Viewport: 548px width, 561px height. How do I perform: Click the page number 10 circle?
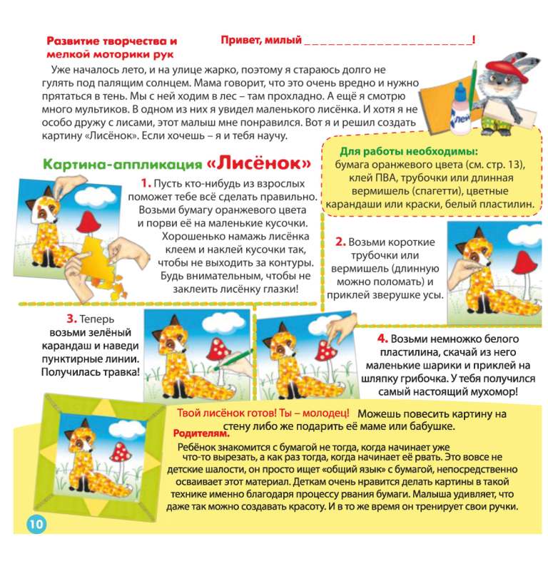[36, 524]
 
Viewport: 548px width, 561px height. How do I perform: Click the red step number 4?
[382, 339]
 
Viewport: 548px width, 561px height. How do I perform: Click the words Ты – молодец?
[315, 413]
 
